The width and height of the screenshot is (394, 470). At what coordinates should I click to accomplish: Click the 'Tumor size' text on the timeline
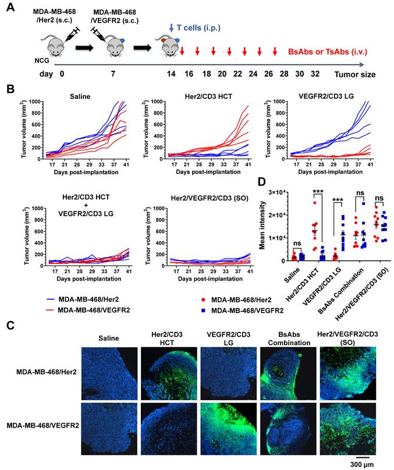point(354,75)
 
